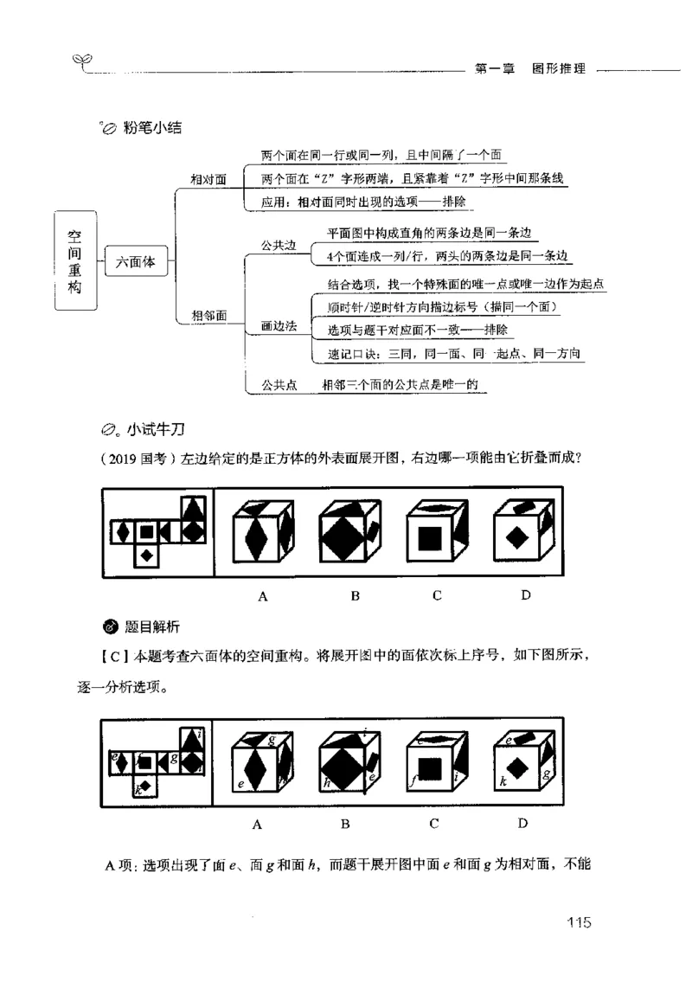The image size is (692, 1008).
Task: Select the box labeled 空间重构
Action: tap(75, 262)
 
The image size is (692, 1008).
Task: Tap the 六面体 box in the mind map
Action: tap(137, 263)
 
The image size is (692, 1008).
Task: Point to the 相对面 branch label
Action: tap(208, 179)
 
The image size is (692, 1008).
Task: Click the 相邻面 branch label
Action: tap(208, 317)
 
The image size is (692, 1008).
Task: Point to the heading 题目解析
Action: tap(151, 626)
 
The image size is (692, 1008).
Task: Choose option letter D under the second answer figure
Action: tap(523, 823)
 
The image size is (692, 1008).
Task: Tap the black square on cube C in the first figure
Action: tap(430, 538)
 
